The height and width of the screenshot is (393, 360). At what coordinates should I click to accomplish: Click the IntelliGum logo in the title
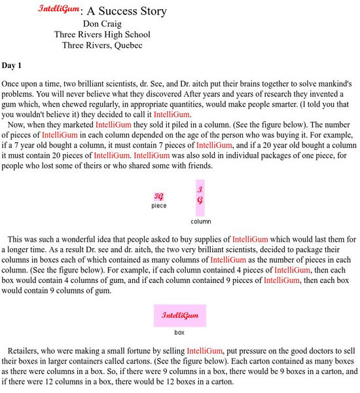(59, 10)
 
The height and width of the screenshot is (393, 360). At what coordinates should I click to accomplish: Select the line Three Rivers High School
(102, 35)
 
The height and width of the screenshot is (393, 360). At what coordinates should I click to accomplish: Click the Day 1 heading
(12, 65)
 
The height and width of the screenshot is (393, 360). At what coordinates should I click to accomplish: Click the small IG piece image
(158, 196)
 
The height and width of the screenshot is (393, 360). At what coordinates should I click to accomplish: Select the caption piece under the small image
(159, 206)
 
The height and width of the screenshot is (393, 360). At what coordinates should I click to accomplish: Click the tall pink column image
(200, 197)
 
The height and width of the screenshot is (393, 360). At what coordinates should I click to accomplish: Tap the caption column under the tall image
(201, 221)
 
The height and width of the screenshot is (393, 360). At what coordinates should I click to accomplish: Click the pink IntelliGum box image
(180, 315)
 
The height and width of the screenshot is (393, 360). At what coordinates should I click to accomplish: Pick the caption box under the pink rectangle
(180, 332)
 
